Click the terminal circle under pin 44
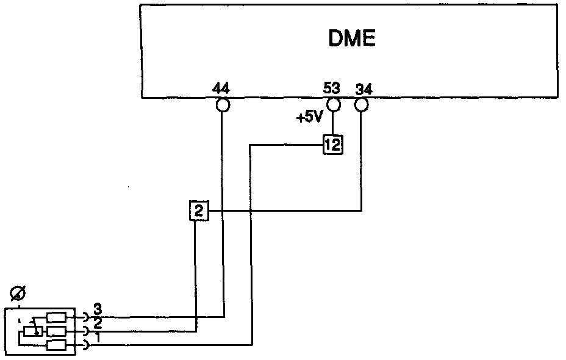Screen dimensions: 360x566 [222, 106]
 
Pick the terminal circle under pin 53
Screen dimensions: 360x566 [332, 105]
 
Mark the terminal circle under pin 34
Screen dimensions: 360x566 [361, 105]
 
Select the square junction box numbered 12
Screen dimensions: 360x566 [332, 145]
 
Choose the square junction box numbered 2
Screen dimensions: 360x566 [199, 211]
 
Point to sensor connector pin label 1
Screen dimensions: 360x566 [96, 336]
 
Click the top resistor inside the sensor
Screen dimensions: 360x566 [56, 317]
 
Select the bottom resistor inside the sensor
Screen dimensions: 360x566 [56, 345]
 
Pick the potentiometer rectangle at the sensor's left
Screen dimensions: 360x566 [30, 331]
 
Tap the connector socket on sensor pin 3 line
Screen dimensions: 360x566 [85, 317]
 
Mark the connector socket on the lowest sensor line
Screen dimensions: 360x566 [85, 346]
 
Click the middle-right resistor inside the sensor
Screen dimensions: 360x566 [56, 331]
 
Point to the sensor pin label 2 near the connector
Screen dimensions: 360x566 [96, 322]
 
